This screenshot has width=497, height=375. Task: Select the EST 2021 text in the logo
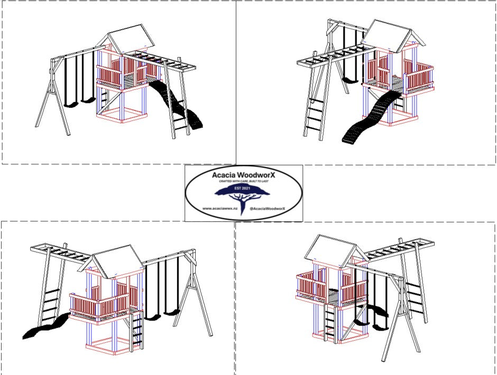pos(243,187)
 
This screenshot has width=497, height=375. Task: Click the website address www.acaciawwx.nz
pos(220,209)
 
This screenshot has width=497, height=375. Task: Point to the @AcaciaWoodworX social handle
pos(267,209)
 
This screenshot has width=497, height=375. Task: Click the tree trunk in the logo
pos(243,203)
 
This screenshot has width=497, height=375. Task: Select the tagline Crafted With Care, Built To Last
pos(243,181)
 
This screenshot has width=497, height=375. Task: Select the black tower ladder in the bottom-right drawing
pos(329,322)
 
